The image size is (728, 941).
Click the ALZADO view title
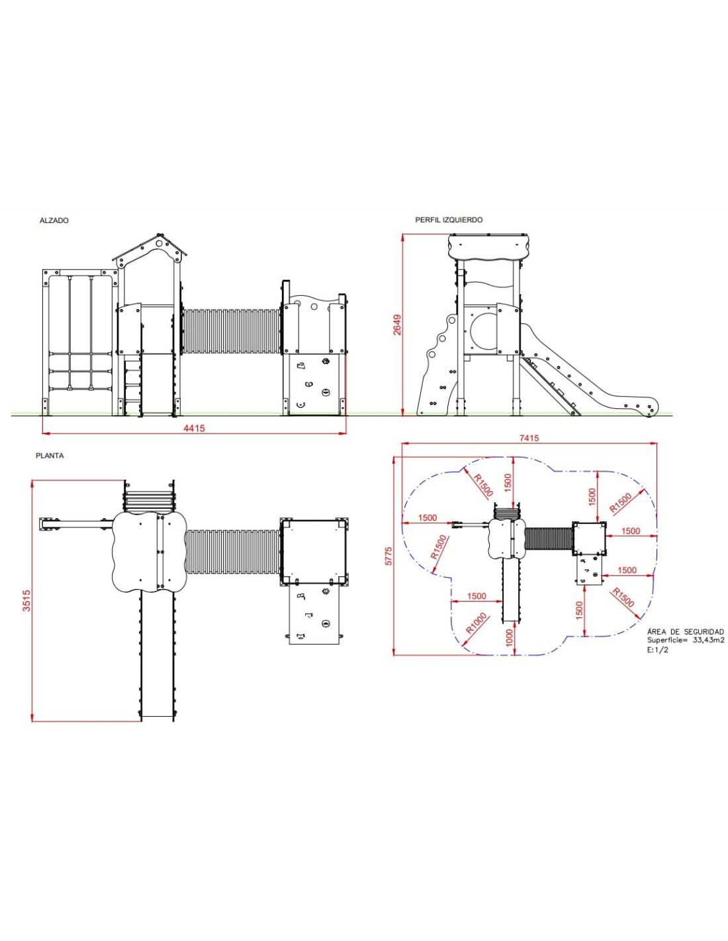click(x=54, y=220)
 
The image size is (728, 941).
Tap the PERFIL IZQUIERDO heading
click(x=449, y=220)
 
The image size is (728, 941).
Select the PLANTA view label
click(x=50, y=455)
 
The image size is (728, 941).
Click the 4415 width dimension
click(x=195, y=428)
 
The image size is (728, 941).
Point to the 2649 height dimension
click(x=397, y=324)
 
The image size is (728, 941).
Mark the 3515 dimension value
click(x=27, y=600)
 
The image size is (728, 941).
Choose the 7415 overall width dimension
click(x=529, y=438)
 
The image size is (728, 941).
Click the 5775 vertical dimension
click(x=389, y=556)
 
